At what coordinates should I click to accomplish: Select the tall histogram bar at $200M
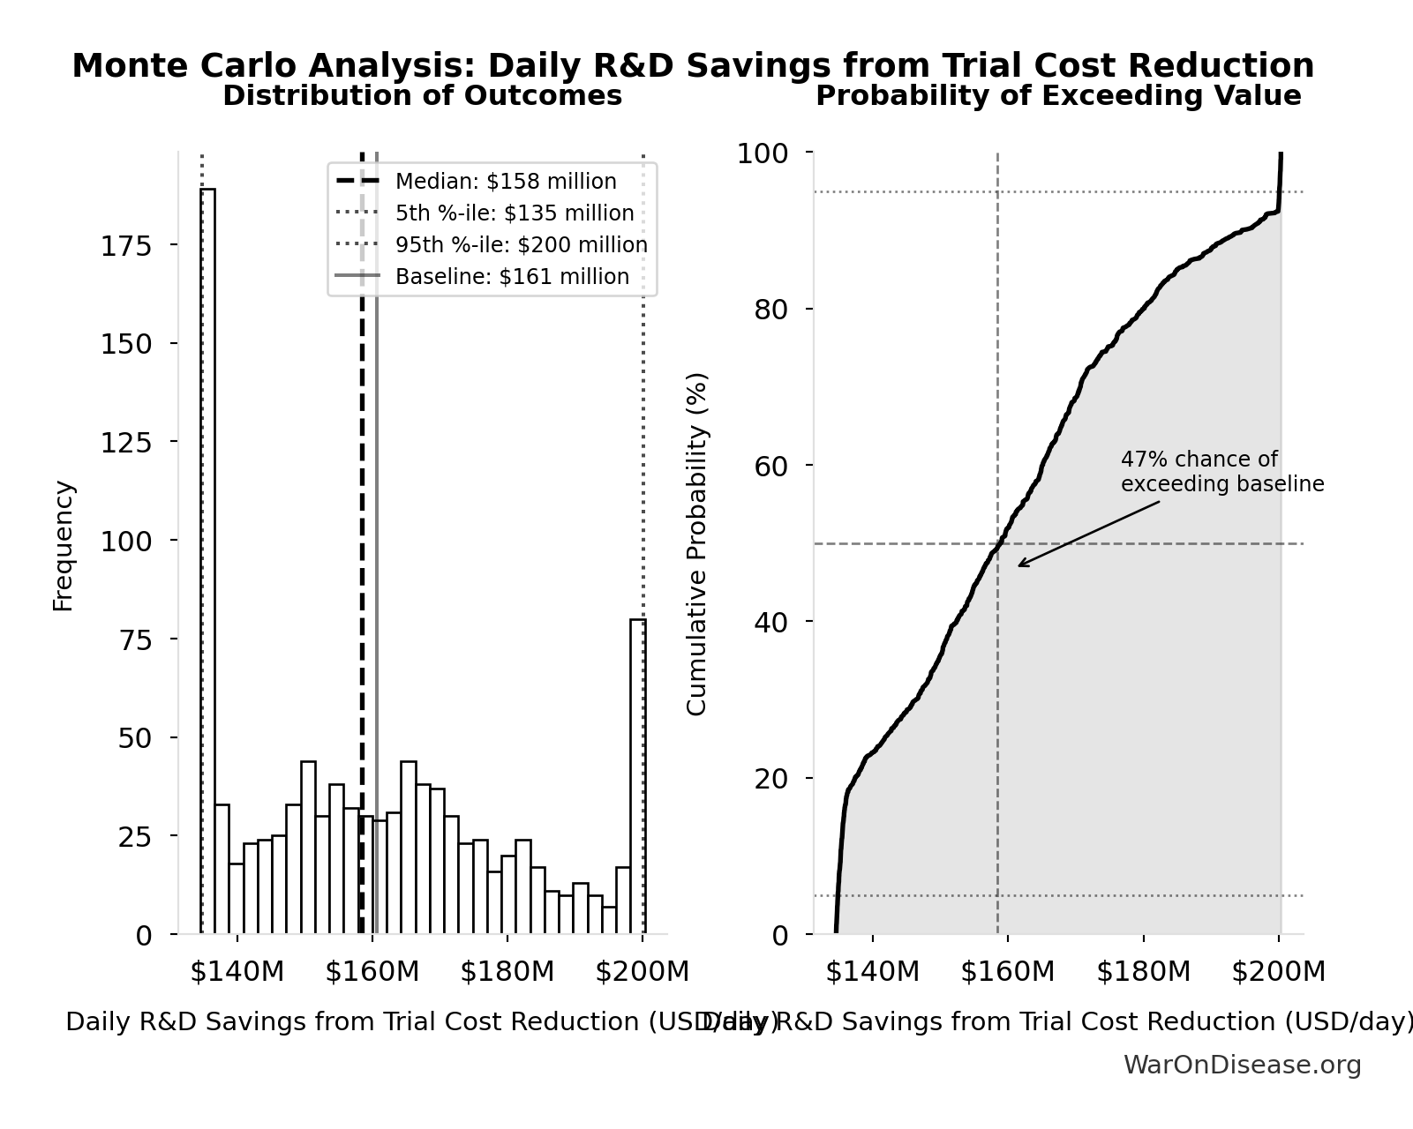[637, 776]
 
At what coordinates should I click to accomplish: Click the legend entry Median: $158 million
[505, 182]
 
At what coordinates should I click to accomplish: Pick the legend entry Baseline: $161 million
[511, 277]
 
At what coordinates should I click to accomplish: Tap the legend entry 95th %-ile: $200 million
[521, 245]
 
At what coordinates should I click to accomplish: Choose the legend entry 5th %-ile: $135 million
[514, 213]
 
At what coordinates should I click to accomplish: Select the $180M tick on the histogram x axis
[507, 972]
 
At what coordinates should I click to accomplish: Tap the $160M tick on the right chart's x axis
[1007, 972]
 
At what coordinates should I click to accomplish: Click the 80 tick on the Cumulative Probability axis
[770, 310]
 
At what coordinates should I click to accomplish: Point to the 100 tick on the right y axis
[762, 153]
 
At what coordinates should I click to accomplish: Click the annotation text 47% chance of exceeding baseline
[1221, 472]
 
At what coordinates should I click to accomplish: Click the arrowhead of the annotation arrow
[1019, 565]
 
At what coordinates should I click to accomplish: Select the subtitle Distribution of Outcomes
[422, 96]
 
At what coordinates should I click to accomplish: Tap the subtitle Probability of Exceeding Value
[1057, 96]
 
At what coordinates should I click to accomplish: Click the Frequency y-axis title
[64, 545]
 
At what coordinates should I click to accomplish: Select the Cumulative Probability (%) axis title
[697, 543]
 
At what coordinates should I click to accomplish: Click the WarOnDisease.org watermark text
[1242, 1065]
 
